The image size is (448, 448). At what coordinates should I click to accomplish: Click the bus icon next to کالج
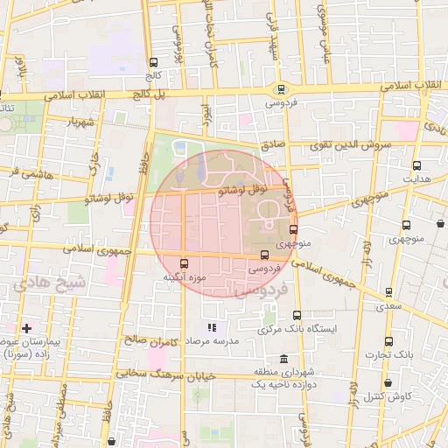tap(155, 62)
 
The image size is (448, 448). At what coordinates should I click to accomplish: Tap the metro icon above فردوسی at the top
tap(281, 88)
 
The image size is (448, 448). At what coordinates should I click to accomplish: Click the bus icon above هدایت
tap(416, 164)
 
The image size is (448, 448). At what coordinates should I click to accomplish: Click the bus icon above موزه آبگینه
tap(183, 262)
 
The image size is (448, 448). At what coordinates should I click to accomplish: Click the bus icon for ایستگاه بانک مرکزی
tap(297, 315)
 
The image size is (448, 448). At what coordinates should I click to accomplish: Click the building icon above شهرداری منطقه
tap(283, 359)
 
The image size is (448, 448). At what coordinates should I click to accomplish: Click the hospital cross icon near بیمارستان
tap(27, 327)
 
